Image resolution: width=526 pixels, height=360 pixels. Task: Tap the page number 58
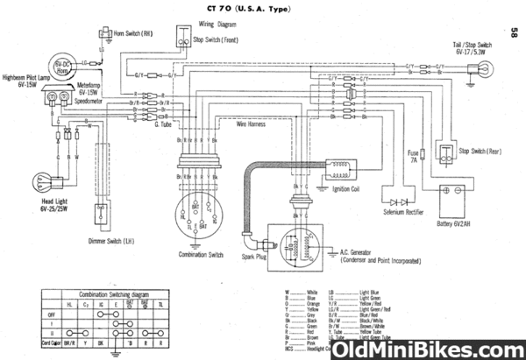[511, 32]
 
